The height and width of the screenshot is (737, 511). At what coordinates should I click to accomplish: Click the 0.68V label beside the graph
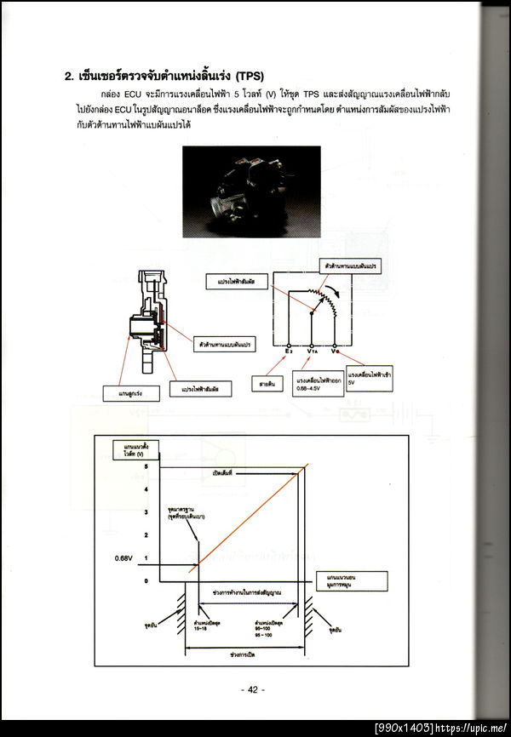tap(125, 558)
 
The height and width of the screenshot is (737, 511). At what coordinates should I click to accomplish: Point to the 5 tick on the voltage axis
tap(146, 466)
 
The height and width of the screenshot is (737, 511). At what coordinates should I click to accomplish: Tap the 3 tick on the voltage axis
tap(146, 512)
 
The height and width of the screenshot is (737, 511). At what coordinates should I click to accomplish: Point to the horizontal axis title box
tap(351, 580)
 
